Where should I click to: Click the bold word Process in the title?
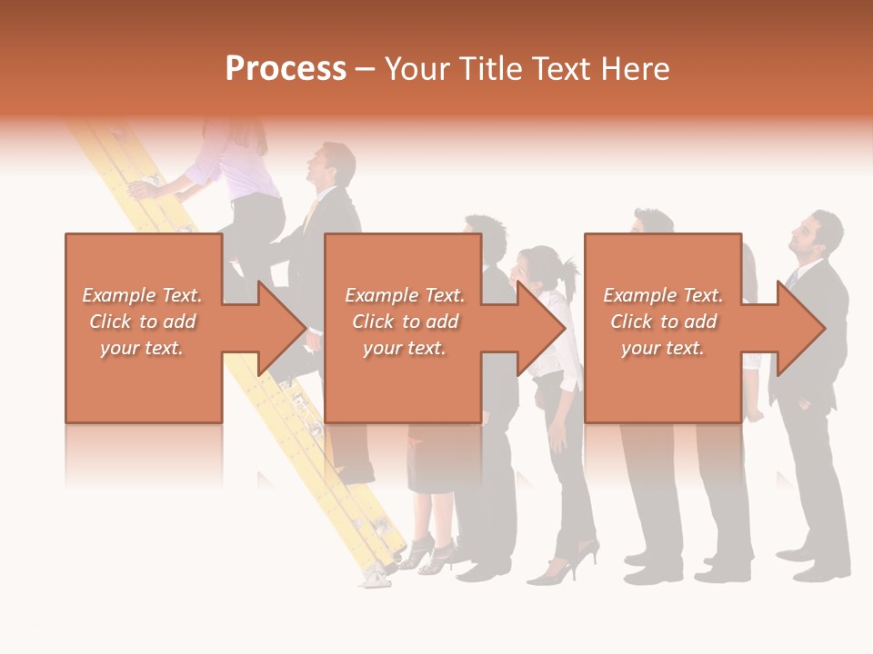286,68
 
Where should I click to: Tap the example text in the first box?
143,321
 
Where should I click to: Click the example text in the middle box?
405,321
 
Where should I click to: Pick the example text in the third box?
663,321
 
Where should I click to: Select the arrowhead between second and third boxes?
543,328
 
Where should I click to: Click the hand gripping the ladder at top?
141,188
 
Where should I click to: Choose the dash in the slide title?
365,69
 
